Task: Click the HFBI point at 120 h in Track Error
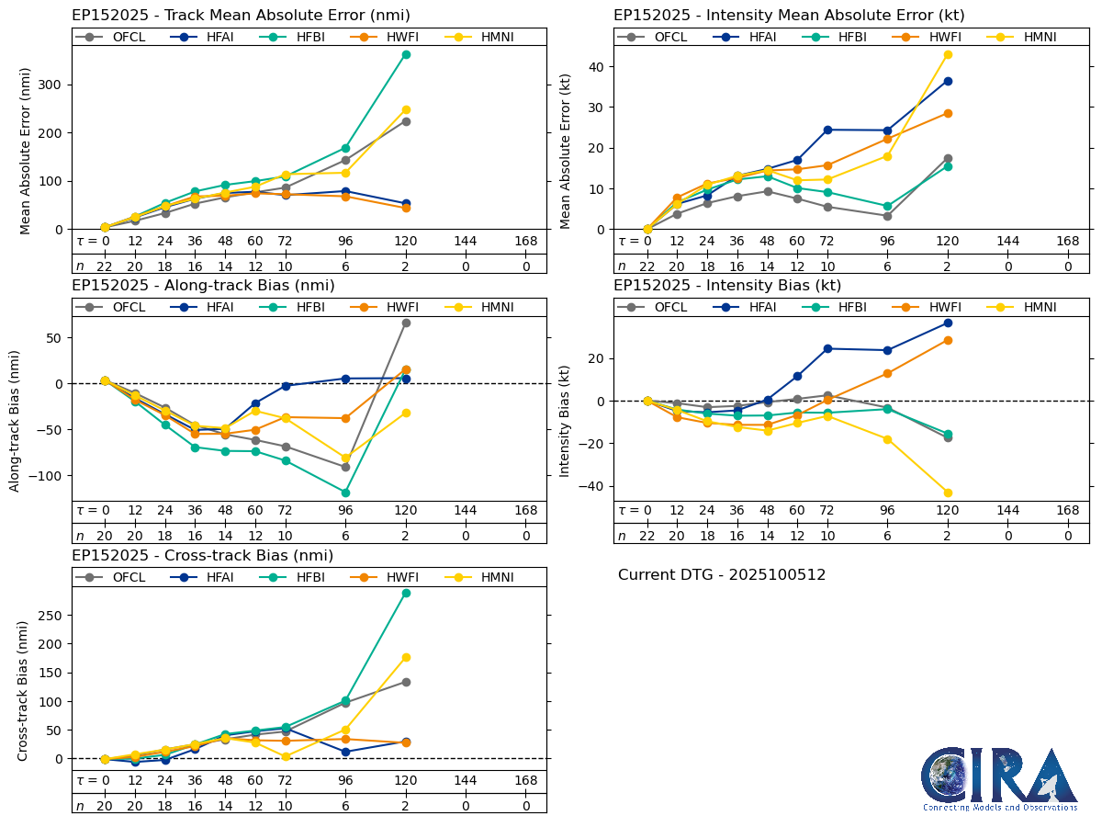click(x=406, y=54)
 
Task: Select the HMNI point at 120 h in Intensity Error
click(x=948, y=54)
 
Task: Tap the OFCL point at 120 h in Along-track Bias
click(x=406, y=323)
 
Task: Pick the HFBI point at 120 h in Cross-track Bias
click(x=406, y=593)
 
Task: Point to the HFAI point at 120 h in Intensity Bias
click(x=948, y=323)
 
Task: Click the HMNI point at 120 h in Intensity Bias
click(x=948, y=493)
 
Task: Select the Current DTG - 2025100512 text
click(x=722, y=575)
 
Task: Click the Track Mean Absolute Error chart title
click(x=241, y=15)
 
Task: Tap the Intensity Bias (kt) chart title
click(x=727, y=285)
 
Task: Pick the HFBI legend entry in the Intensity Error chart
click(x=841, y=37)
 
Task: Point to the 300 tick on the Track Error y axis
click(x=55, y=85)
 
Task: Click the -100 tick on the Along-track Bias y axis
click(x=51, y=476)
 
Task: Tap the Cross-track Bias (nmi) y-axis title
click(x=23, y=690)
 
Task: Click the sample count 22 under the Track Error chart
click(x=105, y=266)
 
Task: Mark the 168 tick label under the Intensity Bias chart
click(x=1067, y=511)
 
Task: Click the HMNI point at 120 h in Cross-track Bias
click(x=406, y=657)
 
